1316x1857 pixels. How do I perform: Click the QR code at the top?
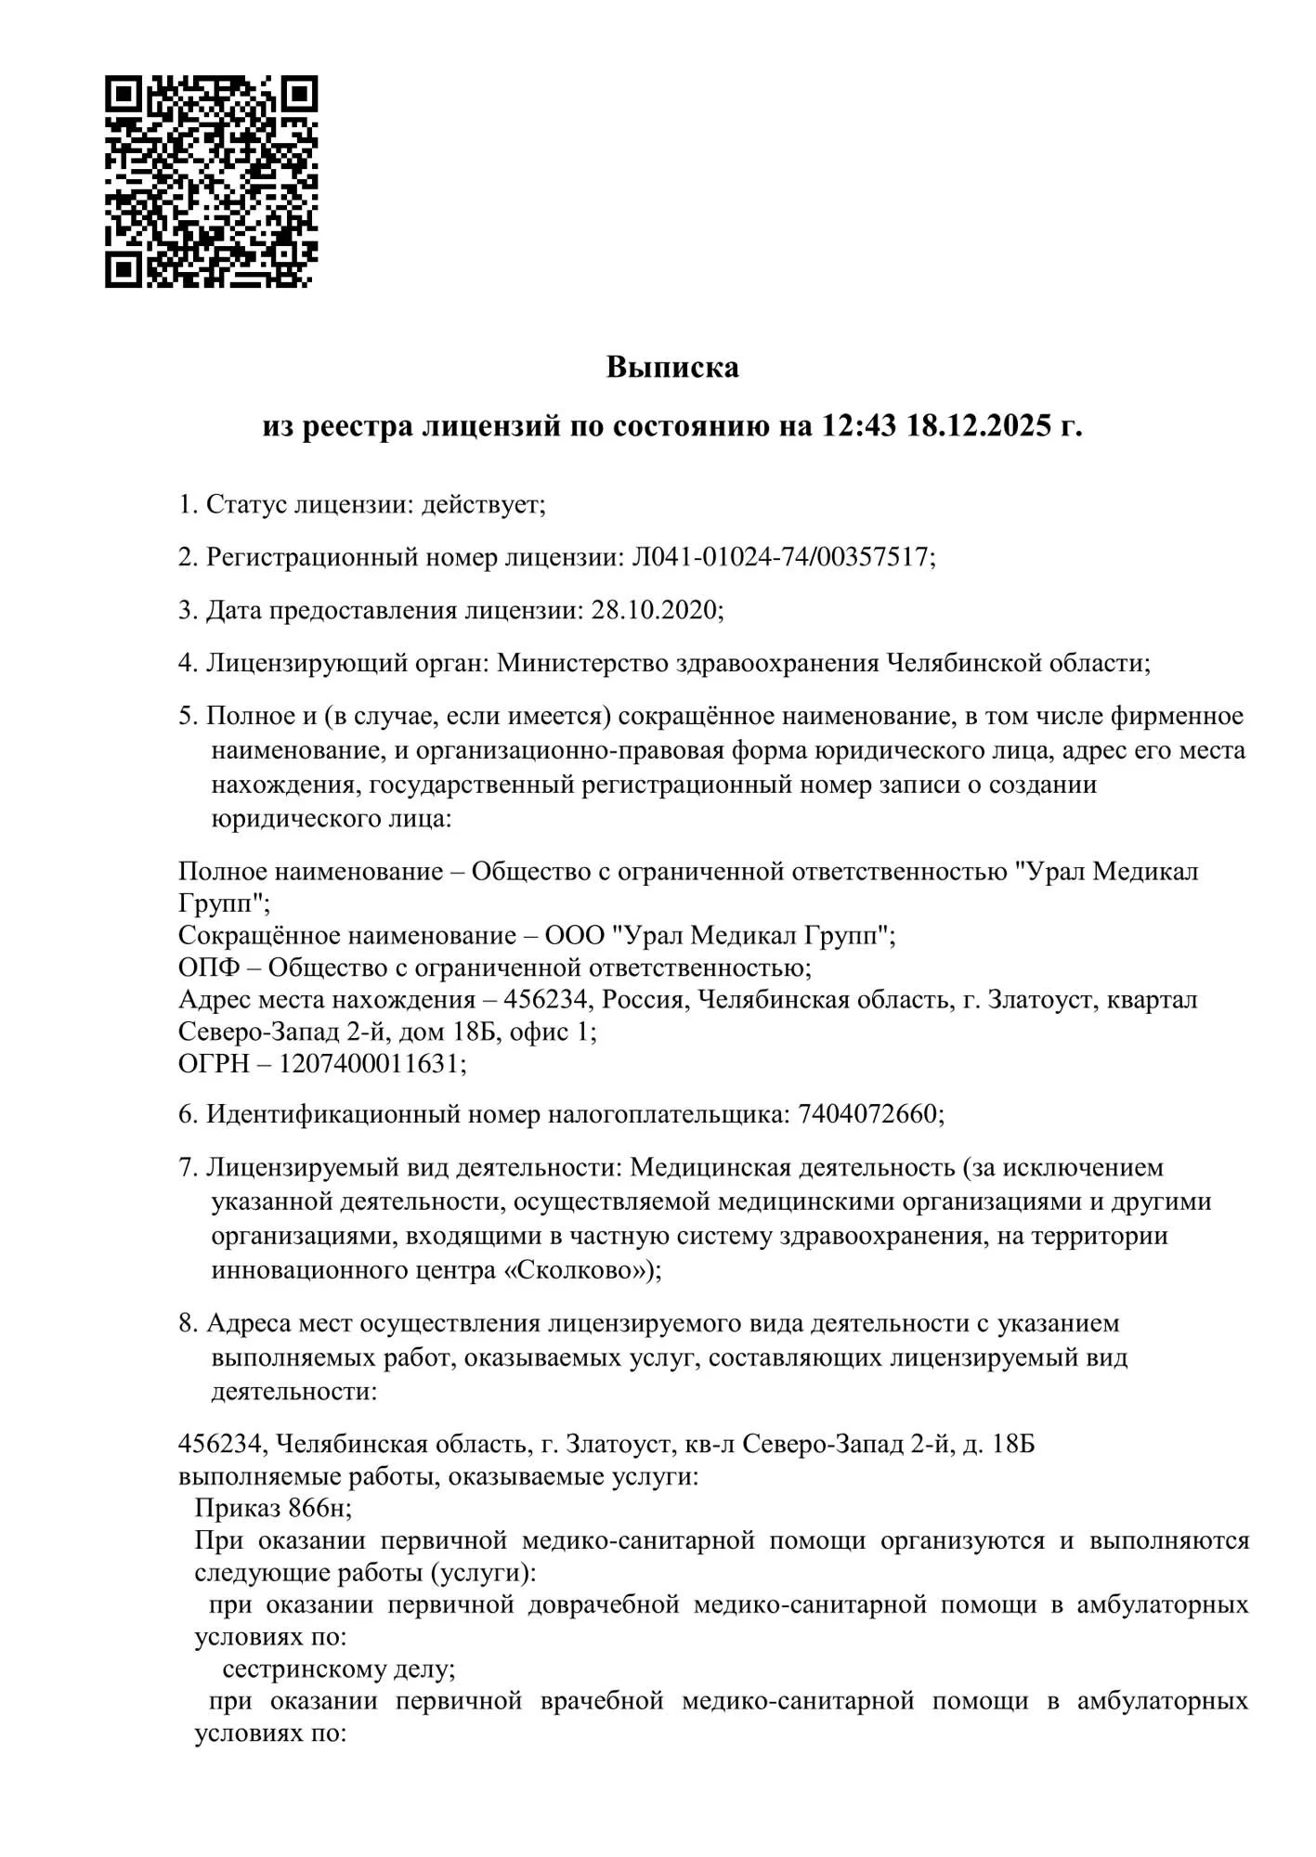coord(211,182)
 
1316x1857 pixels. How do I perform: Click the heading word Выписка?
coord(672,368)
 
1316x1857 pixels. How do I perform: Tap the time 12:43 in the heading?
coord(859,426)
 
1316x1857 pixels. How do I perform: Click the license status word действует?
coord(480,505)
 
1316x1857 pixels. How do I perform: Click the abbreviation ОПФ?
coord(209,967)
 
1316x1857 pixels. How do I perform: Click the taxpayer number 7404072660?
coord(867,1114)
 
